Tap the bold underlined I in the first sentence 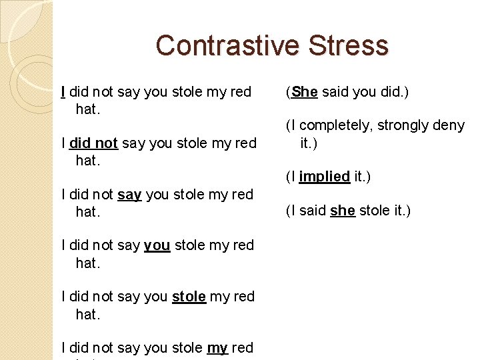tap(63, 92)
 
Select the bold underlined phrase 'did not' tap(93, 143)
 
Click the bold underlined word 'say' tap(129, 195)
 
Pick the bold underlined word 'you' tap(157, 245)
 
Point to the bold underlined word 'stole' tap(189, 297)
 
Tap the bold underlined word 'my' tap(217, 348)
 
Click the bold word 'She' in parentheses tap(304, 92)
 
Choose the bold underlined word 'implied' tap(325, 177)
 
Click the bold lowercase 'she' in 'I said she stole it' tap(342, 211)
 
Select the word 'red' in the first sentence tap(241, 92)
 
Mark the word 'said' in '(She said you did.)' tap(335, 92)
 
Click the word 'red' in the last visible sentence tap(243, 348)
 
